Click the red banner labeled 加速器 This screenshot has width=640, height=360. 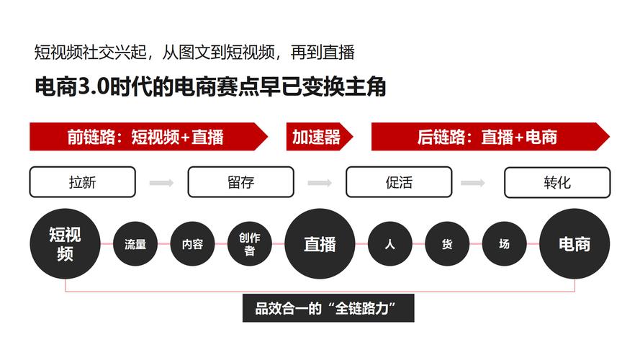tap(319, 137)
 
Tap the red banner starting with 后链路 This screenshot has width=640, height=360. tap(490, 137)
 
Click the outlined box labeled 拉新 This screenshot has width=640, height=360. tap(83, 182)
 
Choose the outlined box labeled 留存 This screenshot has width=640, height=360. tap(241, 182)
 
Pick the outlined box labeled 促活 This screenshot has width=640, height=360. tap(399, 182)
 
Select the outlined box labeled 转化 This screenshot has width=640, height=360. tap(557, 182)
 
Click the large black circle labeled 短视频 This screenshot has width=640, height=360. tap(65, 243)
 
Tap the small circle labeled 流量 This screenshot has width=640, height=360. tap(135, 243)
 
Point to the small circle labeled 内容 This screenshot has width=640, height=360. tap(192, 243)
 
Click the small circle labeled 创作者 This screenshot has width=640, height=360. tap(249, 243)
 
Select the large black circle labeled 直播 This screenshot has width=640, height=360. tap(320, 243)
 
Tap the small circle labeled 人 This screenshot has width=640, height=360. tap(389, 243)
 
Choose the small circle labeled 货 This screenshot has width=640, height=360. tap(447, 243)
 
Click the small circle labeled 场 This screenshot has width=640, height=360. tap(504, 243)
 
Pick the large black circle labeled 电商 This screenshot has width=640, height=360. tap(574, 243)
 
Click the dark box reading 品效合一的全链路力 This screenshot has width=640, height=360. tap(328, 308)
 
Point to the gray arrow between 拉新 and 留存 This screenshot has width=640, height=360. tap(162, 182)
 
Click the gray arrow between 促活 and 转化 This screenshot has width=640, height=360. tap(473, 182)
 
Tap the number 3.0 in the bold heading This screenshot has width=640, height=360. tap(94, 86)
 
